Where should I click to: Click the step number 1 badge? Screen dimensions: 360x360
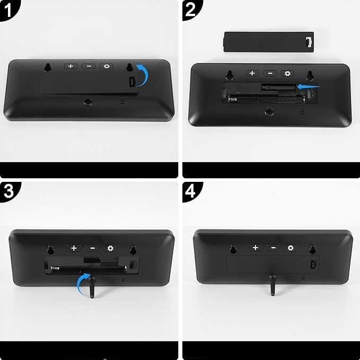point(8,10)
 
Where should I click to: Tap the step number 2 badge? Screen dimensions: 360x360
point(191,10)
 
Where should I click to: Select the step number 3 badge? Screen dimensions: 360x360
point(9,191)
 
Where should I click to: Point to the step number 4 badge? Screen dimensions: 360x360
point(191,191)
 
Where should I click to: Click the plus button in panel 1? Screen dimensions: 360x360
point(71,66)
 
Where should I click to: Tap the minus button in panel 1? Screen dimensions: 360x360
point(89,66)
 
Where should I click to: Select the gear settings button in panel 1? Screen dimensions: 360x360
point(107,66)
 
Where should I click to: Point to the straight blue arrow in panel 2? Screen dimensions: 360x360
point(309,86)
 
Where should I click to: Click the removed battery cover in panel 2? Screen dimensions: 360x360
point(269,42)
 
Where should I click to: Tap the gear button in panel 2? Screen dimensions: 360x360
point(287,73)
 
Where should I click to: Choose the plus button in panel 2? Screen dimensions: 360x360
point(252,73)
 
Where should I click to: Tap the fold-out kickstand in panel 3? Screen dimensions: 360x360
point(92,287)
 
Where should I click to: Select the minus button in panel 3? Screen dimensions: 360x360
point(92,248)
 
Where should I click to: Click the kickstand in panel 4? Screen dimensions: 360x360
point(273,285)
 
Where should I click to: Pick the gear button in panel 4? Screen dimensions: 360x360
point(291,248)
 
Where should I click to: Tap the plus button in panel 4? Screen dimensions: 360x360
point(256,248)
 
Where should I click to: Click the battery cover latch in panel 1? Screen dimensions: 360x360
point(133,82)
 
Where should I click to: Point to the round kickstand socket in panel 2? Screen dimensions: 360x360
point(270,112)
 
